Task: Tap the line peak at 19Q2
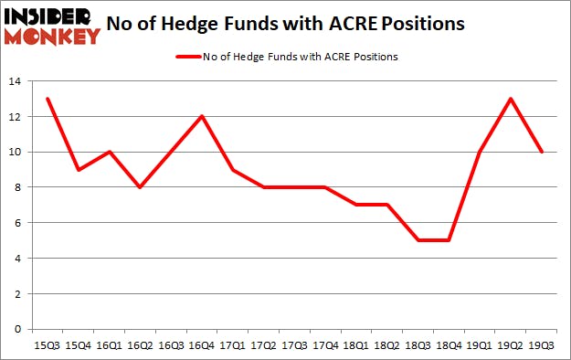[512, 100]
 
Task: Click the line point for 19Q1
[480, 153]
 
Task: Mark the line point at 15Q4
[78, 170]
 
